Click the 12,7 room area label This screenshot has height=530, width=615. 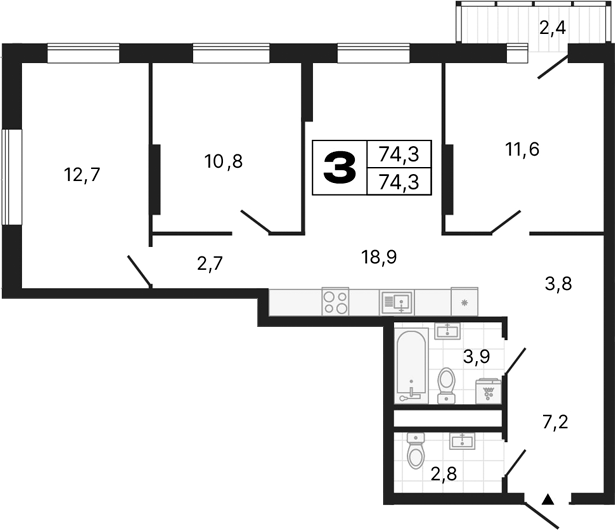pyautogui.click(x=82, y=174)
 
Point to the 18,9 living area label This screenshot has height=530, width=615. pyautogui.click(x=379, y=257)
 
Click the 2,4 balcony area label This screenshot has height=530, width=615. pyautogui.click(x=552, y=27)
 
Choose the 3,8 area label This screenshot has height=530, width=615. pyautogui.click(x=557, y=282)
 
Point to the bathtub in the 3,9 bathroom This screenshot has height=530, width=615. pyautogui.click(x=410, y=366)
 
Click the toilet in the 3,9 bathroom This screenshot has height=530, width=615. pyautogui.click(x=448, y=383)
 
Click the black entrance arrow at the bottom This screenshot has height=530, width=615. pyautogui.click(x=547, y=497)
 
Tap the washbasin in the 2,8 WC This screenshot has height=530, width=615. pyautogui.click(x=463, y=440)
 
